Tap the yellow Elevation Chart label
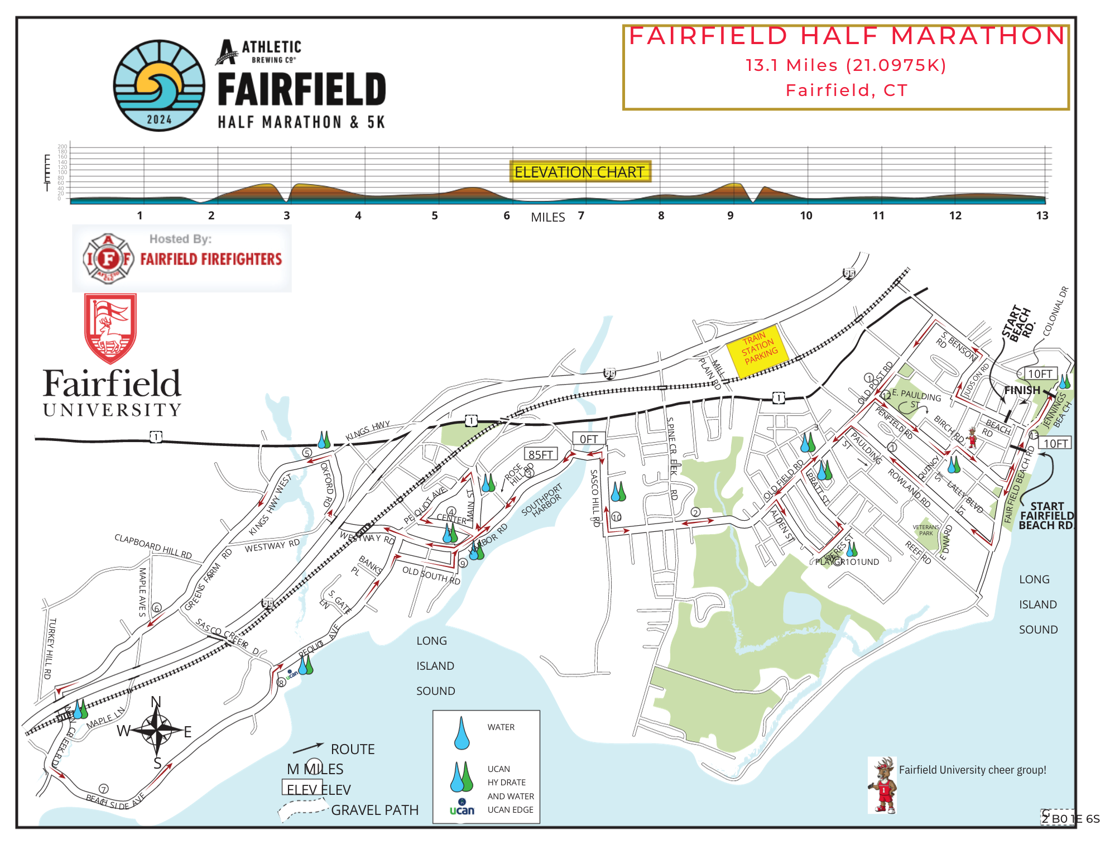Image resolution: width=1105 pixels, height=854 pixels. pos(579,172)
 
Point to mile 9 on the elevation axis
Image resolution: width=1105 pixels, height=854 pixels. pos(730,216)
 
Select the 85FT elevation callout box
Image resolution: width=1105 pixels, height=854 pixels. pos(540,454)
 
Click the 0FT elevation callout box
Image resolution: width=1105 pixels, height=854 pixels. pos(588,439)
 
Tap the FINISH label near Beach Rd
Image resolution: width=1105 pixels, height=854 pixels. pos(1022,390)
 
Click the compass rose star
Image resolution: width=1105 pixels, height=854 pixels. pos(158,730)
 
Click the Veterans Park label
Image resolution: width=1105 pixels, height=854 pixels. pos(926,530)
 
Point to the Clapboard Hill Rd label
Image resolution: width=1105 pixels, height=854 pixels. pos(153,546)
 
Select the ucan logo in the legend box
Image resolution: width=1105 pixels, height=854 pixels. pos(462,809)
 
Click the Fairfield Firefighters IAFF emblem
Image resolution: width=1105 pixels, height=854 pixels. pos(108,258)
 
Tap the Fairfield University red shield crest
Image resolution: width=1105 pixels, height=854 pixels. pos(110,328)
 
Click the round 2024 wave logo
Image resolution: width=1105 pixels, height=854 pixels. pos(159,85)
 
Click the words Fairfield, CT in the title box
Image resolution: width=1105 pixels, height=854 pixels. pos(846,90)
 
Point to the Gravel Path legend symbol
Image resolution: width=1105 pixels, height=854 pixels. pos(304,810)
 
